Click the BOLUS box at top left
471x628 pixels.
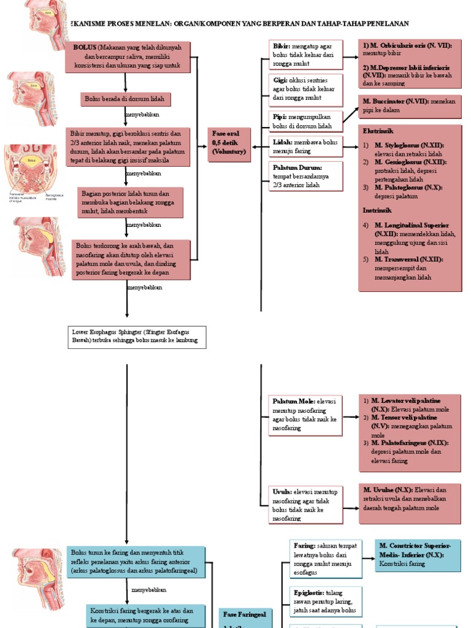(128, 57)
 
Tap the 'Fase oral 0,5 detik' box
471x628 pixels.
(229, 145)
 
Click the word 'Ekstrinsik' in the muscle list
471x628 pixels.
(378, 131)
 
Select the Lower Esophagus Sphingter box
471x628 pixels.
(137, 337)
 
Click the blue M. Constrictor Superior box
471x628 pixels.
(416, 554)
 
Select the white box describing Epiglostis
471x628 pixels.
(325, 601)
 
